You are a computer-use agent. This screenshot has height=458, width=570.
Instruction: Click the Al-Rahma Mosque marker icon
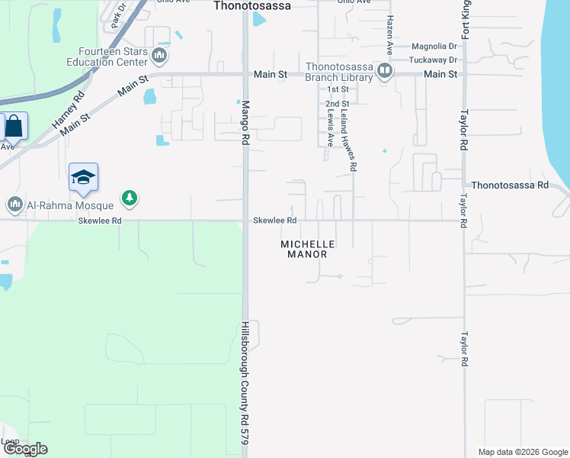coord(15,205)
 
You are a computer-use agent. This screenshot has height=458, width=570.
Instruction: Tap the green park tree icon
coord(130,198)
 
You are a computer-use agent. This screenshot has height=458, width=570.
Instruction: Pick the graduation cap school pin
coord(83,179)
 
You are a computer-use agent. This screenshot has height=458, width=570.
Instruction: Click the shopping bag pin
coord(14,126)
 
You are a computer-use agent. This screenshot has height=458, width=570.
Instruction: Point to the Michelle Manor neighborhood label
coord(309,249)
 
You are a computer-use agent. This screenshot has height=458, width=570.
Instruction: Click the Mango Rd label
coord(246,123)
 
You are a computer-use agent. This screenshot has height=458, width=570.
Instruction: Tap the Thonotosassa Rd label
coord(510,185)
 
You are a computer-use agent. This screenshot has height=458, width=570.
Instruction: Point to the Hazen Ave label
coord(389,34)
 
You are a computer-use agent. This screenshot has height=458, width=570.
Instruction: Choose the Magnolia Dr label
coord(433,47)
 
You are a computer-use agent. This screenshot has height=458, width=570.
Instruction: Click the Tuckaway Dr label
coord(433,60)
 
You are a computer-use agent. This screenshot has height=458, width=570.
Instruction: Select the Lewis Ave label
coord(331,127)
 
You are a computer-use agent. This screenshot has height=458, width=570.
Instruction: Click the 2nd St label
coord(337,103)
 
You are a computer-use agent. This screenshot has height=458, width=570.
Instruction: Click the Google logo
coord(24,449)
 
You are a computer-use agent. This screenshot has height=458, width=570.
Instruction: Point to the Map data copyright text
coord(522,452)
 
